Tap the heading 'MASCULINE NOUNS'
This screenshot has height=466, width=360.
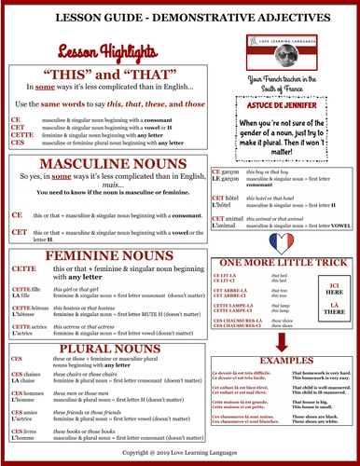point(104,165)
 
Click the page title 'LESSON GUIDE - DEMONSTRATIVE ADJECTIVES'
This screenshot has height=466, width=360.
point(180,18)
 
